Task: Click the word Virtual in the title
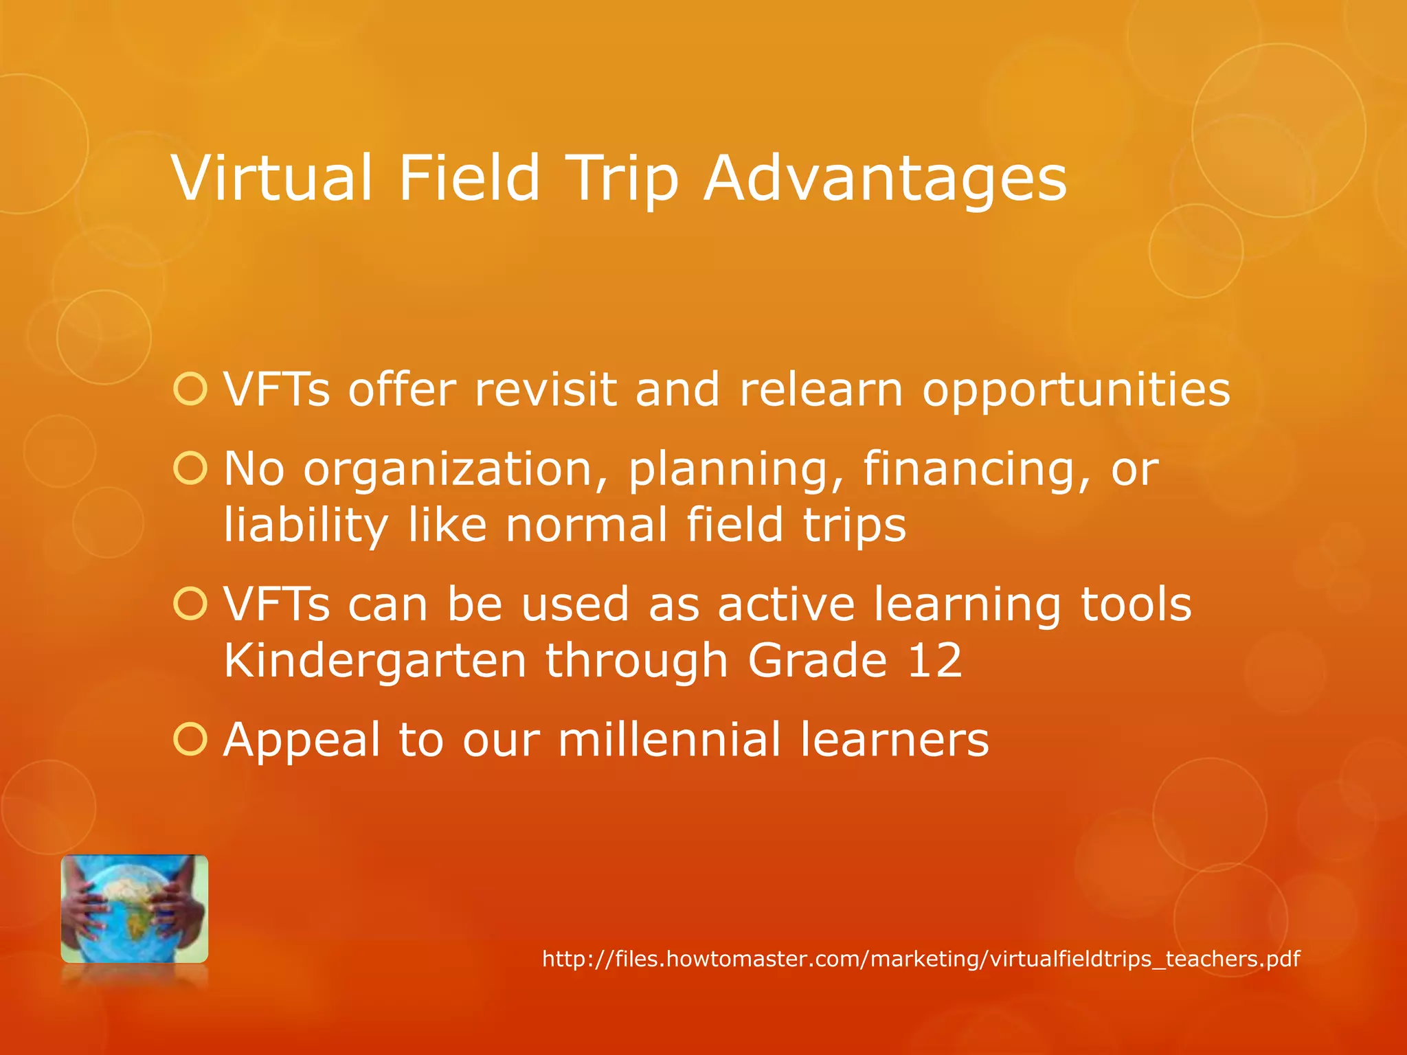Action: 272,179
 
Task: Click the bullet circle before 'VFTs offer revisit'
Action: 190,389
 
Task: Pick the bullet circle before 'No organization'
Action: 190,469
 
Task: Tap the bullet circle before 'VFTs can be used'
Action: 190,604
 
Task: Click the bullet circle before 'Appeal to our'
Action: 190,740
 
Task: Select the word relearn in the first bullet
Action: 820,389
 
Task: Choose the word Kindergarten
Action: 375,661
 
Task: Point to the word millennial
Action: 669,740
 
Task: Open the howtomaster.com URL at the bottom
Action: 921,959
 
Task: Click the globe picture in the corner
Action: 135,908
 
